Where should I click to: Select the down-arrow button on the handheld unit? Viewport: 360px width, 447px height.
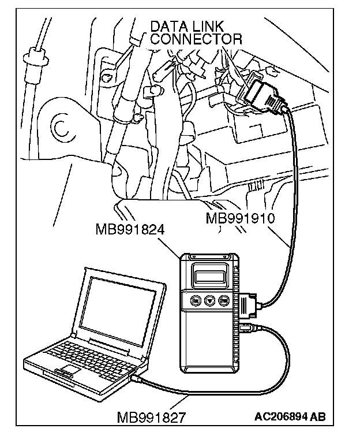pyautogui.click(x=210, y=300)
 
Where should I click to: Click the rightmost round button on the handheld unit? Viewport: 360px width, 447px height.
pyautogui.click(x=224, y=300)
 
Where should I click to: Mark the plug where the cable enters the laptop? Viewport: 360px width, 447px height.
pyautogui.click(x=137, y=379)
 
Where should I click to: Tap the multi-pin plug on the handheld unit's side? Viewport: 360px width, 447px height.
pyautogui.click(x=249, y=303)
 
